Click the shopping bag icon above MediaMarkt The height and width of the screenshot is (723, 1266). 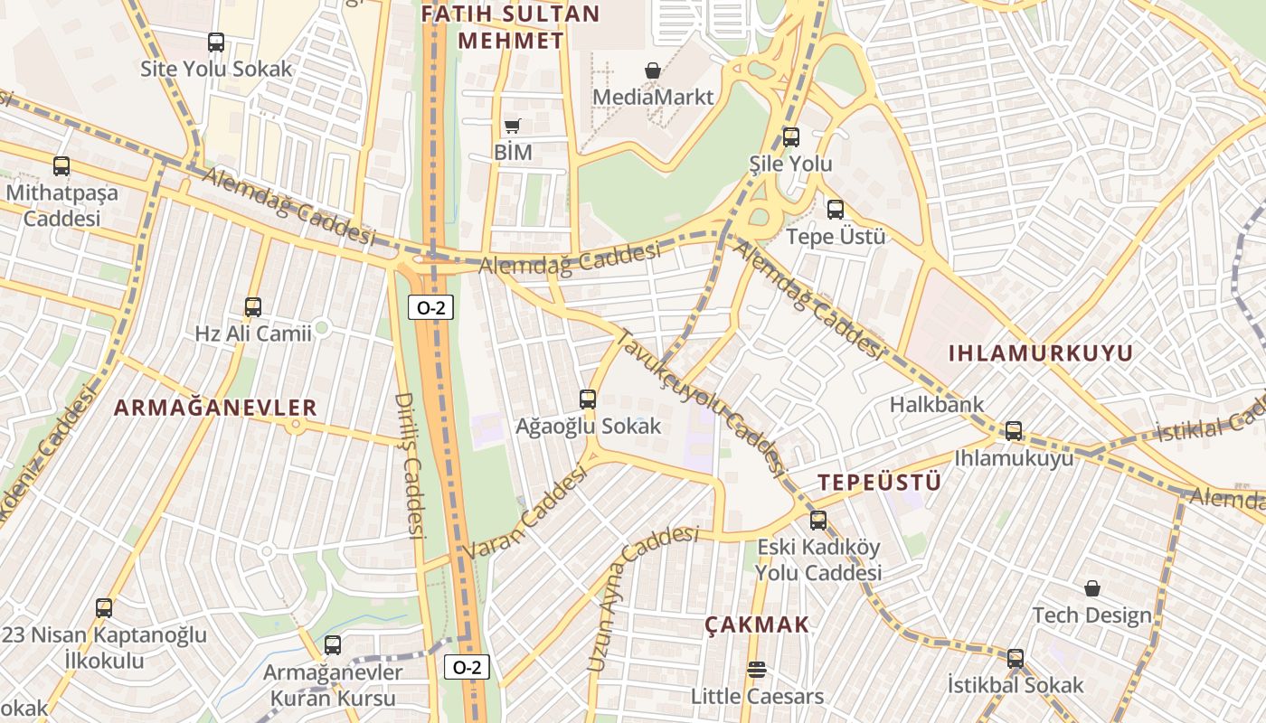652,70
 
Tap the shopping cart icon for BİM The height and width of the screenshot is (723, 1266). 513,127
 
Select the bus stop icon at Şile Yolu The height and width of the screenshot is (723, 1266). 791,137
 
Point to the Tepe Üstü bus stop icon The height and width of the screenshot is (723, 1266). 836,210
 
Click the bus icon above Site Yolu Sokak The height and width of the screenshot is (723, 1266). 216,42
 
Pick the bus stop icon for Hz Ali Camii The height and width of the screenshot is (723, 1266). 253,307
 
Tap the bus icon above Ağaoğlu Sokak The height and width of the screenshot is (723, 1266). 588,399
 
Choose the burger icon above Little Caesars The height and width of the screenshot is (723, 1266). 757,670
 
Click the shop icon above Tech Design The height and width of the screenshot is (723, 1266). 1092,588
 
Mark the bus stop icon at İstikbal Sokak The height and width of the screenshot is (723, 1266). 1016,659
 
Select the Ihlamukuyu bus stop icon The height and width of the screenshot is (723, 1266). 1014,431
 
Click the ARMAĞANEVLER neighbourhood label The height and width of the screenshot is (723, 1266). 215,408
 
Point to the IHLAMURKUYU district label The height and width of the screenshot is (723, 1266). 1040,353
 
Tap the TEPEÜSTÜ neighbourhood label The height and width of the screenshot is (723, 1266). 880,483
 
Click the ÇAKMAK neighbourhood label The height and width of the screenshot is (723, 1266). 757,624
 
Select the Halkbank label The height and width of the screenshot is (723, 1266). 937,404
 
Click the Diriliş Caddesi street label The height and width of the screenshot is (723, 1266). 411,465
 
